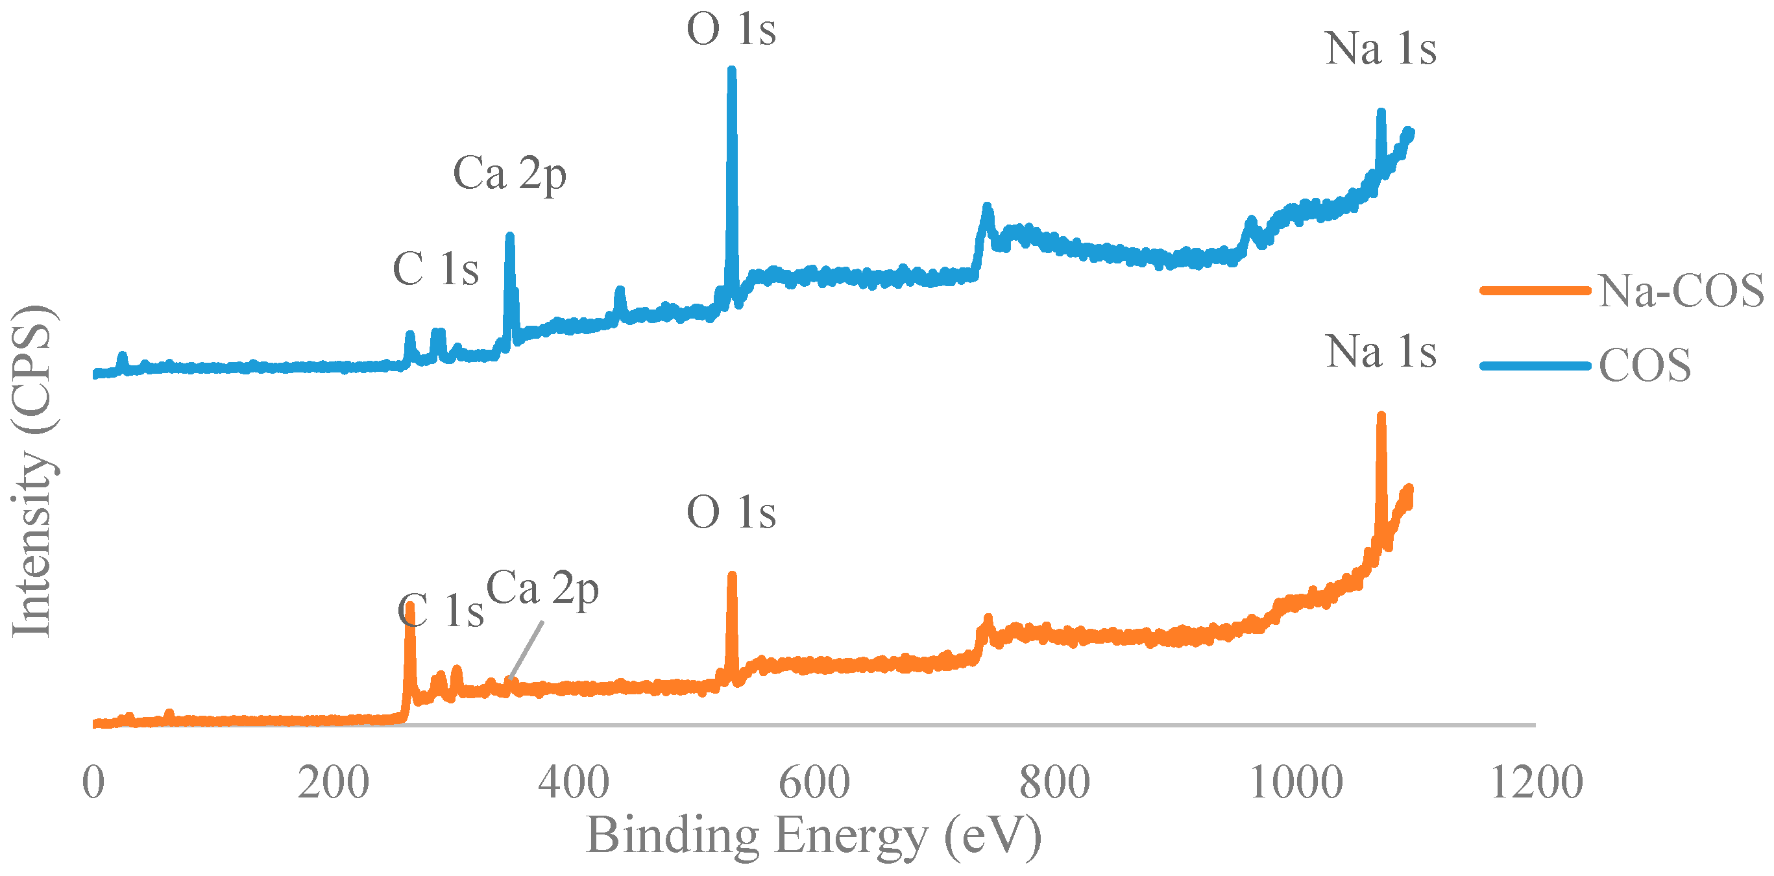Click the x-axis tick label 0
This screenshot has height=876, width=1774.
[x=93, y=783]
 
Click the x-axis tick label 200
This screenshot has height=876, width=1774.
[x=334, y=783]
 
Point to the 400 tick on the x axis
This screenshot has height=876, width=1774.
[x=573, y=783]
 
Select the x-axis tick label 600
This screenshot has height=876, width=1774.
[x=814, y=783]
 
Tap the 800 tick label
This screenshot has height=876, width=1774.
[x=1054, y=783]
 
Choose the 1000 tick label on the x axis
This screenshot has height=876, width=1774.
[x=1295, y=783]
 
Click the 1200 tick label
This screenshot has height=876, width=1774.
[x=1537, y=783]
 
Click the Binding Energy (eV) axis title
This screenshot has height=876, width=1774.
[x=813, y=836]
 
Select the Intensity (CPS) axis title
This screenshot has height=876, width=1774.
[x=32, y=472]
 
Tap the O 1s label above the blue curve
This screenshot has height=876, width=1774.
[x=731, y=30]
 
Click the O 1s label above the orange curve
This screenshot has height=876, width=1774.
[x=731, y=513]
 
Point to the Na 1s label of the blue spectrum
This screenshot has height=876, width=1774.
[x=1381, y=49]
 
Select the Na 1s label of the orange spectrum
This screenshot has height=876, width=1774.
[x=1381, y=352]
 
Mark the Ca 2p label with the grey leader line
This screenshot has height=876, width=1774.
[x=542, y=589]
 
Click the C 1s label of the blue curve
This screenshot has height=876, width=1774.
[x=435, y=269]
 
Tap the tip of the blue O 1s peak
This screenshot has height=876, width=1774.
[x=731, y=70]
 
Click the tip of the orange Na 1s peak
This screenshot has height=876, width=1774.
[x=1381, y=417]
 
